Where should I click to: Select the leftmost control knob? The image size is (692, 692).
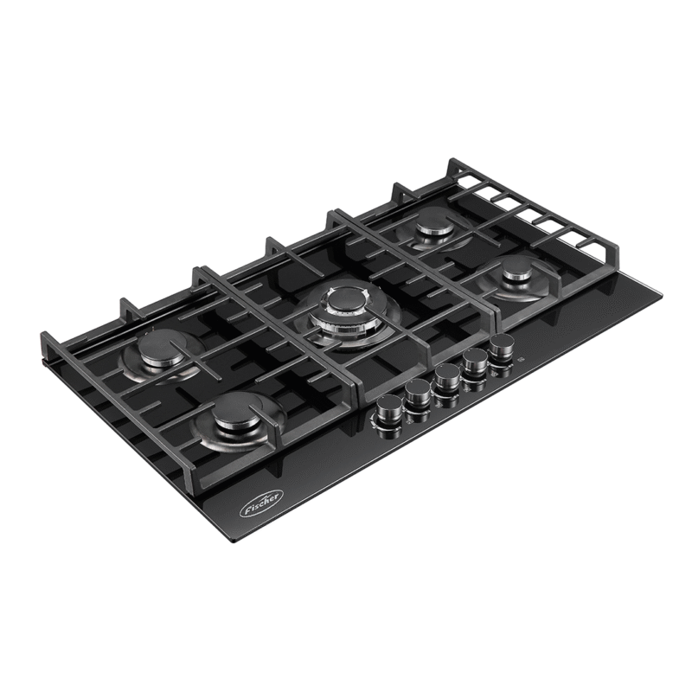(385, 416)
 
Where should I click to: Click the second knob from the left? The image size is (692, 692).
(415, 397)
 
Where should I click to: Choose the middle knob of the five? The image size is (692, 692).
(445, 378)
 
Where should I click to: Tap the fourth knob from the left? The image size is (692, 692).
(473, 361)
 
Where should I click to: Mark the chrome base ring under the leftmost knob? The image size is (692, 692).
(385, 425)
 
